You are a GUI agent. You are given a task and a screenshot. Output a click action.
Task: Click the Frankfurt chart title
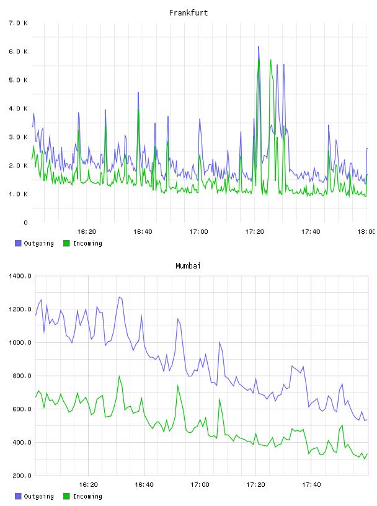coord(188,12)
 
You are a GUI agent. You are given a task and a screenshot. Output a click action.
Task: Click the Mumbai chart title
coord(188,265)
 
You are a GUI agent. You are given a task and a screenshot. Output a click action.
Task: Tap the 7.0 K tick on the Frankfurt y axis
coord(19,23)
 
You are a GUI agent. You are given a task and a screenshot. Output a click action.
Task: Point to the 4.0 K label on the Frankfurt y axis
coord(19,109)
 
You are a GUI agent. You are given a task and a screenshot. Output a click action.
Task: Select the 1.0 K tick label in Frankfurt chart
coord(19,194)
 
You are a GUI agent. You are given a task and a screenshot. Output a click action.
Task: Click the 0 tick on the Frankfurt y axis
coord(25,223)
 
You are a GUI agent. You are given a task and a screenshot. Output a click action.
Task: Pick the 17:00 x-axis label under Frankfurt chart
coord(198,231)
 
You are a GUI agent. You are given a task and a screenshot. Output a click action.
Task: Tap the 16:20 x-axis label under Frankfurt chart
coord(87,231)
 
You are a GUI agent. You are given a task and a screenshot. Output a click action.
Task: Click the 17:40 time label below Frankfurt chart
coord(311,231)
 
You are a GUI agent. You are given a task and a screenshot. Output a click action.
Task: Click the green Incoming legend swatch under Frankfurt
coord(66,243)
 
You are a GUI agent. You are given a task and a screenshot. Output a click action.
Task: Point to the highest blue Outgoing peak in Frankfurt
coord(259,47)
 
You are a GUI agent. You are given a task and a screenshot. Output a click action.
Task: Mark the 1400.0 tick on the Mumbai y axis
coord(20,276)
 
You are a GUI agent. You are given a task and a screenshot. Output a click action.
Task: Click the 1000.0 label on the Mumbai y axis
coord(20,342)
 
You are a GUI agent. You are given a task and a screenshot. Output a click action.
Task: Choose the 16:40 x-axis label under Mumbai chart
coord(144,484)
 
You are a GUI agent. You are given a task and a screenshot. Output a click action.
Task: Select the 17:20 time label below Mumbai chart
coord(255,484)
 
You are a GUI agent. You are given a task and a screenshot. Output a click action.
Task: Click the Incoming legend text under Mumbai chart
coord(87,496)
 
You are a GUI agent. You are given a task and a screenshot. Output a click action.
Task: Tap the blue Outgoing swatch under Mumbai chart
coord(18,496)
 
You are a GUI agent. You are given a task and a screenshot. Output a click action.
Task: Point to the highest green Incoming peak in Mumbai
coord(120,376)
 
